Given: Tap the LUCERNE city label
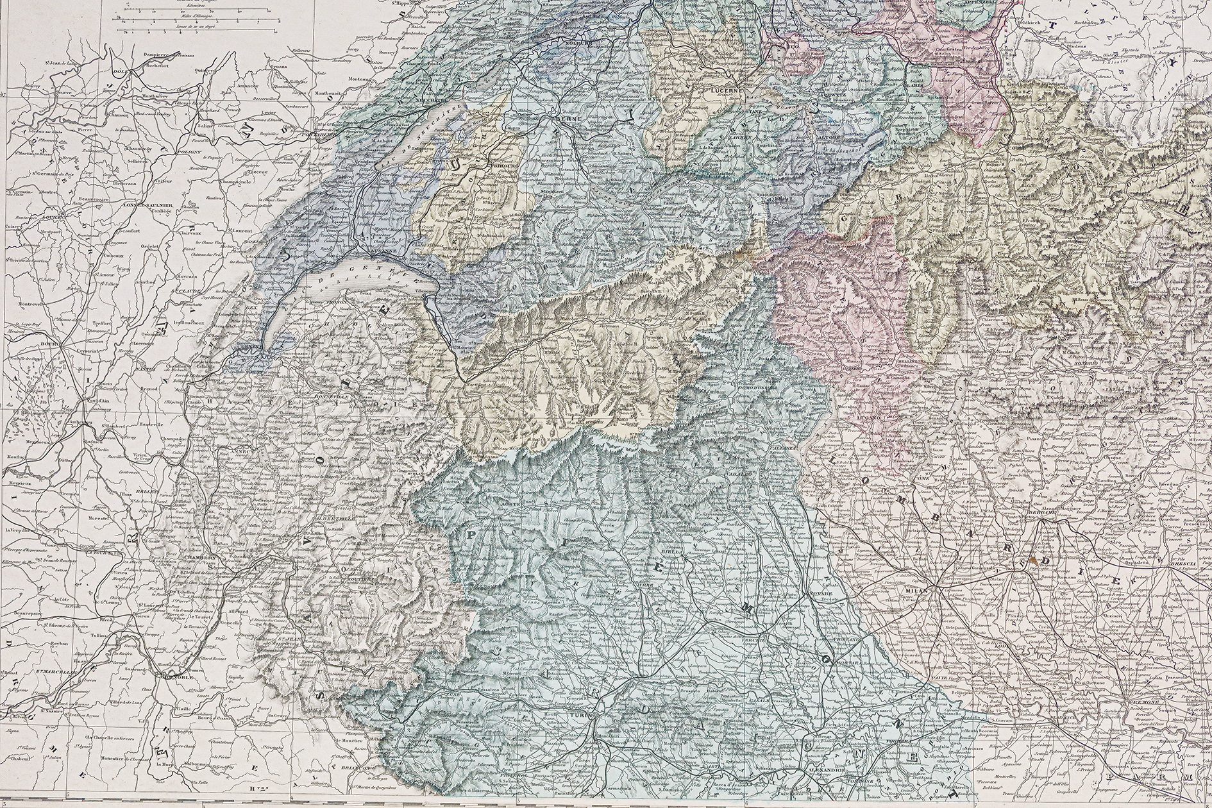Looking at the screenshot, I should pos(725,91).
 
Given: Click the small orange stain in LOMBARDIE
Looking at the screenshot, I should pos(1031,560).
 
